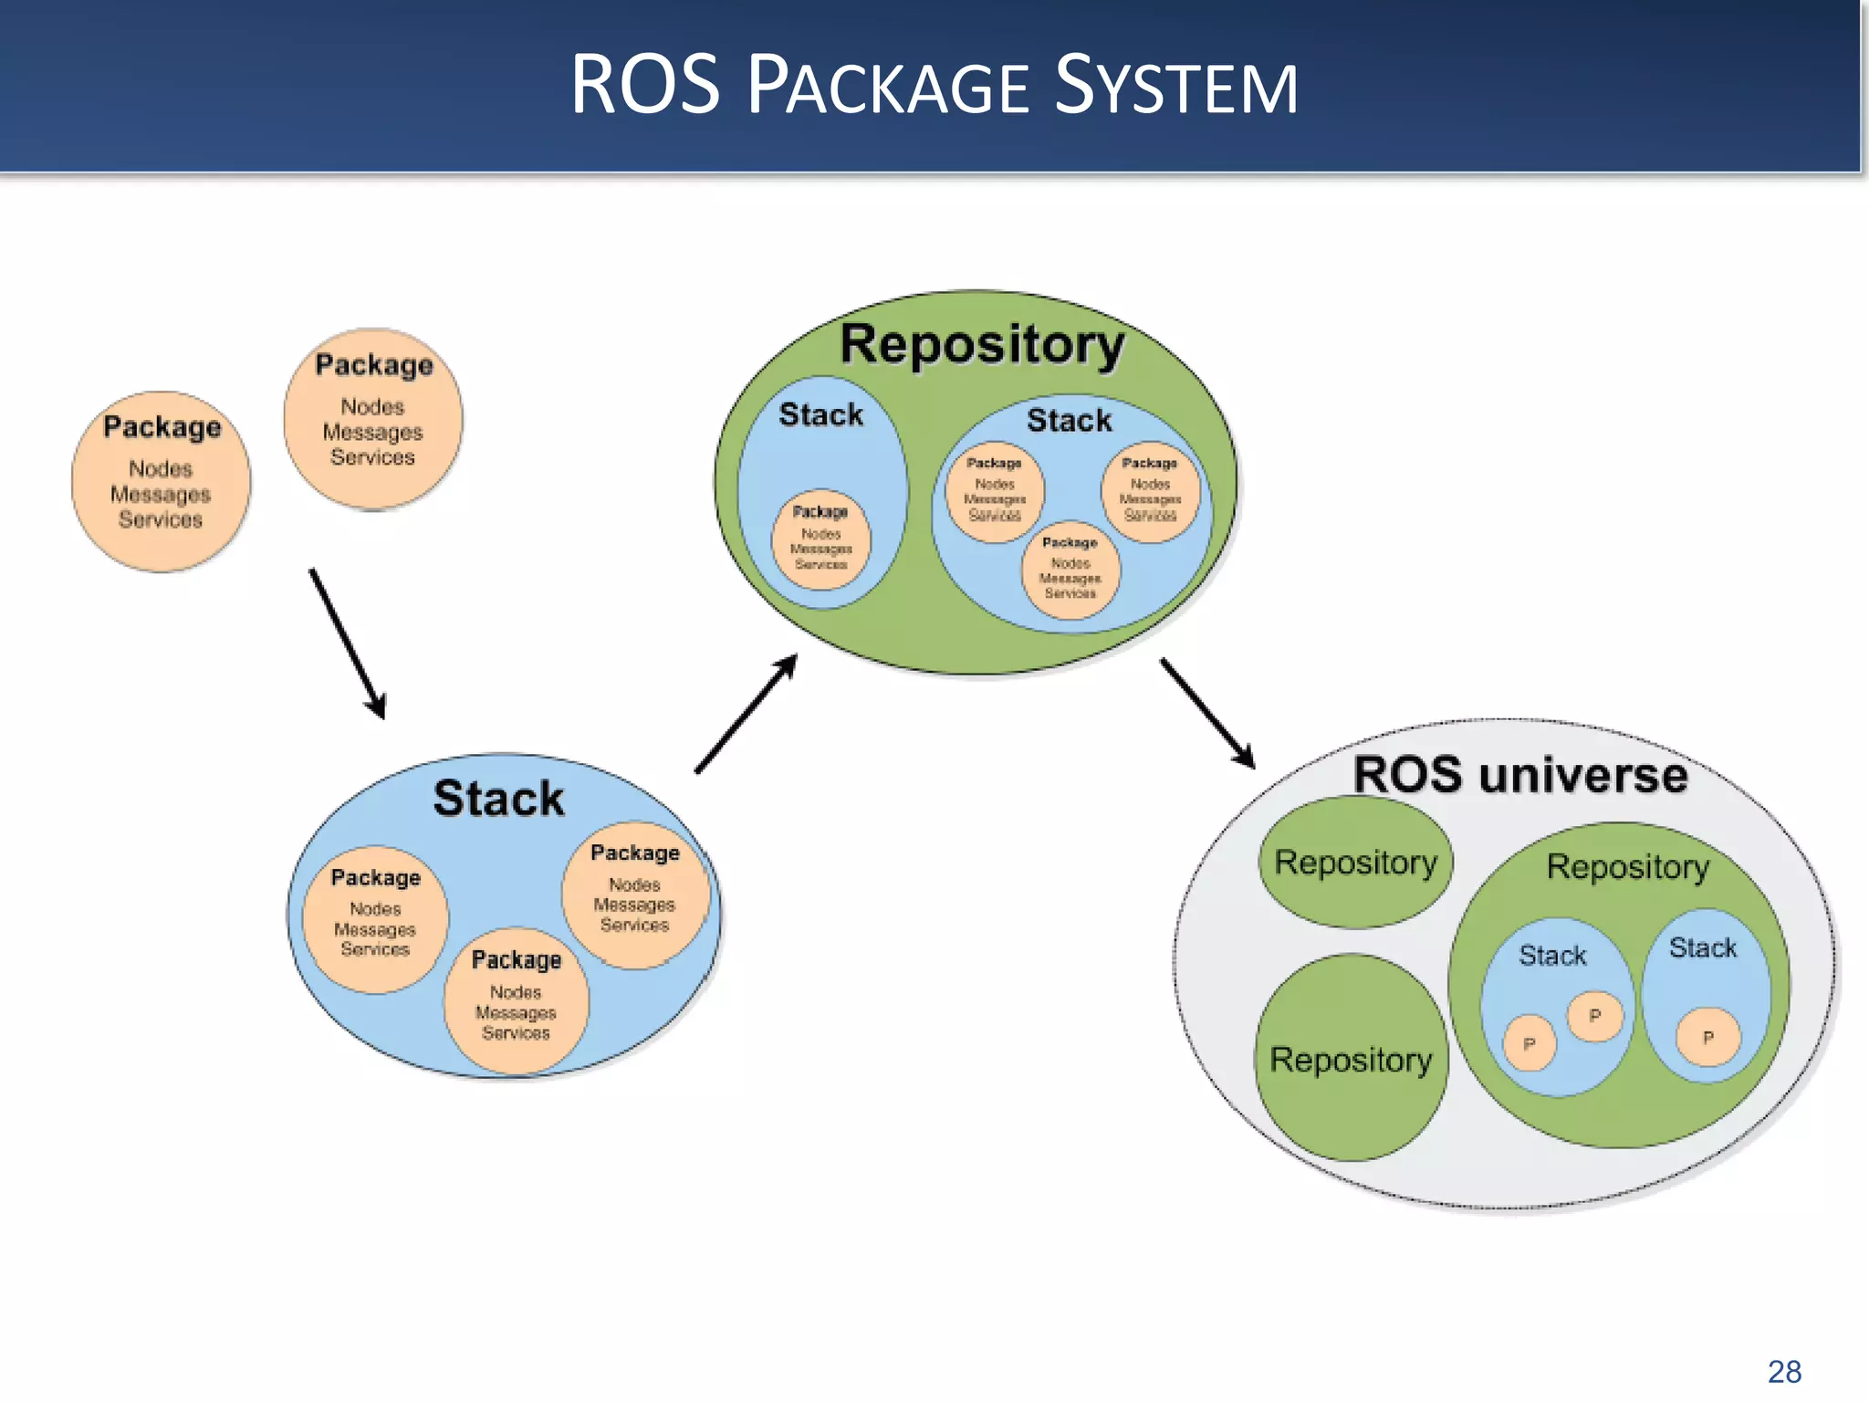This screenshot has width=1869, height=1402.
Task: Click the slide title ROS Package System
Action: click(x=934, y=85)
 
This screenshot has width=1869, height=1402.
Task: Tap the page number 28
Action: click(x=1784, y=1371)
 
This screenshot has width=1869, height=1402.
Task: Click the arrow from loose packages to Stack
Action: click(x=348, y=644)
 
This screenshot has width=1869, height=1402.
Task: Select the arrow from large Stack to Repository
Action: click(x=747, y=713)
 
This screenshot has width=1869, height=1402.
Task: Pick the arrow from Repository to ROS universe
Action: click(x=1207, y=713)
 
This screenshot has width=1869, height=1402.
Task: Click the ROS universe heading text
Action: click(x=1519, y=775)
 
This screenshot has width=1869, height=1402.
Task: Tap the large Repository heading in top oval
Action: click(x=982, y=345)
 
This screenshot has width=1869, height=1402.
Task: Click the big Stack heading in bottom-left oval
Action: click(x=498, y=798)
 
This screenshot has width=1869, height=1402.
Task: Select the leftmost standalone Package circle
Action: click(x=161, y=482)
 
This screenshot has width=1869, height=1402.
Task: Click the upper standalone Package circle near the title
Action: click(x=372, y=419)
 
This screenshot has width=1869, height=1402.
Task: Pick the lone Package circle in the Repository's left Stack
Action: click(x=820, y=539)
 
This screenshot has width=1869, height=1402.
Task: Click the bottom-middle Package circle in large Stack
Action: click(x=516, y=999)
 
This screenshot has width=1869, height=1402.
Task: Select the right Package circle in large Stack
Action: click(x=635, y=895)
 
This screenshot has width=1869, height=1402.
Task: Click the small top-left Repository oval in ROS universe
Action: click(x=1355, y=863)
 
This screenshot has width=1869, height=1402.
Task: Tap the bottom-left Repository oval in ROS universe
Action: click(x=1351, y=1059)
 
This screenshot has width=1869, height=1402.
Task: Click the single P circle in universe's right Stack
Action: click(x=1707, y=1037)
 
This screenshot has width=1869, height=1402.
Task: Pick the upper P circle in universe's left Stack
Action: click(x=1594, y=1015)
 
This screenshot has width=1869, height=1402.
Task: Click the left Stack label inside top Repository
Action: click(x=820, y=414)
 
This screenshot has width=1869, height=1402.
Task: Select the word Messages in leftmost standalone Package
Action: click(x=161, y=494)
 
